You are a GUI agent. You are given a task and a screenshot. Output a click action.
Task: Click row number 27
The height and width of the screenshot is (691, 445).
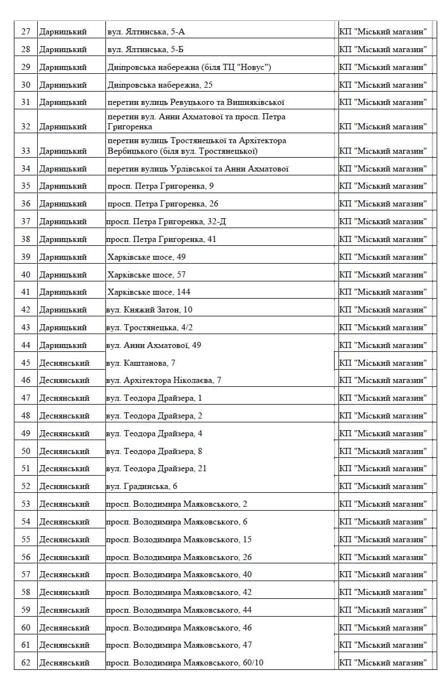pyautogui.click(x=26, y=32)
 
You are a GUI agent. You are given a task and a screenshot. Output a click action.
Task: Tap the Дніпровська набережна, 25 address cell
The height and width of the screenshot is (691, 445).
pyautogui.click(x=160, y=85)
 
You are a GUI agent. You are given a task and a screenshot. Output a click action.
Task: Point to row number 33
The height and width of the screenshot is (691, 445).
pyautogui.click(x=26, y=151)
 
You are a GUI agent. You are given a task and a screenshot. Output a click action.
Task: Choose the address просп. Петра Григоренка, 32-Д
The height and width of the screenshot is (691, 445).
pyautogui.click(x=166, y=221)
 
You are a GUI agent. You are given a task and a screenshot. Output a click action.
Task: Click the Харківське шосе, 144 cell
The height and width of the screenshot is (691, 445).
pyautogui.click(x=149, y=292)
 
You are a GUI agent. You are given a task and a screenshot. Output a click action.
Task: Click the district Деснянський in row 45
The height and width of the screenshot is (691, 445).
pyautogui.click(x=64, y=363)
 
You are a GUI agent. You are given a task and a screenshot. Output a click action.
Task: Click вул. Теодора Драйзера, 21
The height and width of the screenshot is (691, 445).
pyautogui.click(x=156, y=468)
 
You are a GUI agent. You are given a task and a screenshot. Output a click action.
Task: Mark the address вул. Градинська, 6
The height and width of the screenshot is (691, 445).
pyautogui.click(x=141, y=486)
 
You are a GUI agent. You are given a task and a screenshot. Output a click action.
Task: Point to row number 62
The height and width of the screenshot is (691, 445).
pyautogui.click(x=26, y=663)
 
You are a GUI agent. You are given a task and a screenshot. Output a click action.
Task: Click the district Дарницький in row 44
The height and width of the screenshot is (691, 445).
pyautogui.click(x=63, y=345)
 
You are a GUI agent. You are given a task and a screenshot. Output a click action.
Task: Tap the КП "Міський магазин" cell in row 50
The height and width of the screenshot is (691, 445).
pyautogui.click(x=383, y=451)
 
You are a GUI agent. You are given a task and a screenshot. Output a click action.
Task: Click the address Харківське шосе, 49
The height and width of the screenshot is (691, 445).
pyautogui.click(x=146, y=257)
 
